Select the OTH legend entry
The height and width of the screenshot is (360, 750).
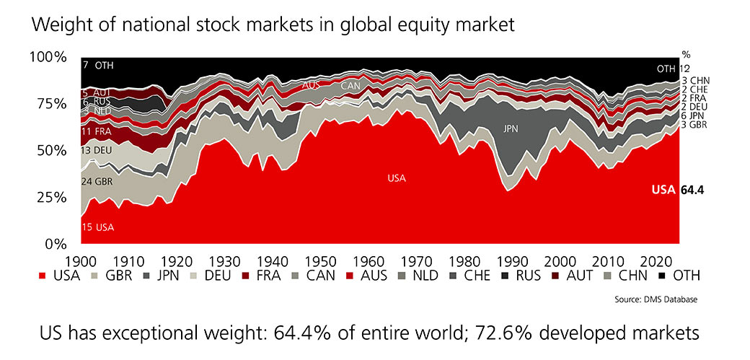[x=678, y=276]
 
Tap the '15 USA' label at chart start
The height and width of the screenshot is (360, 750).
[x=98, y=227]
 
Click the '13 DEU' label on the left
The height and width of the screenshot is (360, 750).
[x=97, y=150]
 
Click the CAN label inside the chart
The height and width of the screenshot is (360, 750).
[x=350, y=86]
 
